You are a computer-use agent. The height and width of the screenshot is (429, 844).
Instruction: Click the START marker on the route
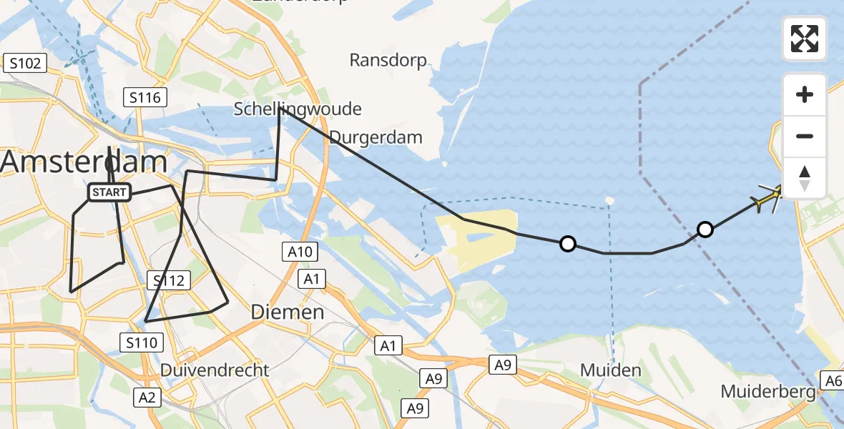click(109, 192)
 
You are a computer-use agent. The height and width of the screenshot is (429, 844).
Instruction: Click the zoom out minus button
click(805, 137)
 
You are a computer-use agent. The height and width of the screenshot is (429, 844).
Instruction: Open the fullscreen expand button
click(805, 39)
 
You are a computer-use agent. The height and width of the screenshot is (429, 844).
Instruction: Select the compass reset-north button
click(805, 178)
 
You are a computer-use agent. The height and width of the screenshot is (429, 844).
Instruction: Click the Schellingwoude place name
click(298, 109)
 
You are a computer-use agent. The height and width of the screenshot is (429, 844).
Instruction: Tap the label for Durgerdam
click(376, 137)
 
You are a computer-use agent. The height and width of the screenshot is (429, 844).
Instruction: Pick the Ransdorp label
click(388, 60)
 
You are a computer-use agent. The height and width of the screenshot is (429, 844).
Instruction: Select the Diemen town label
click(288, 312)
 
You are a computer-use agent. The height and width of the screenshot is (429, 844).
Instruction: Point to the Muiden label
click(610, 370)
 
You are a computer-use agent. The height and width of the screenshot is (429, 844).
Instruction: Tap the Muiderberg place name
click(768, 392)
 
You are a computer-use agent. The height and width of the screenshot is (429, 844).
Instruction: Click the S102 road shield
click(24, 64)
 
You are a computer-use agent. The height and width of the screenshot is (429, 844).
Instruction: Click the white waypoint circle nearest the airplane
click(705, 230)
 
